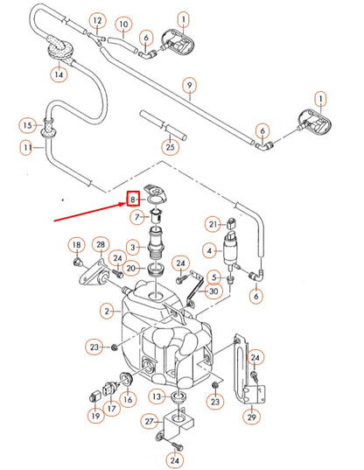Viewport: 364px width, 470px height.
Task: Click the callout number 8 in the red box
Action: coord(134,200)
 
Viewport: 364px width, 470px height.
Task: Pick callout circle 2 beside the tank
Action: coord(107,311)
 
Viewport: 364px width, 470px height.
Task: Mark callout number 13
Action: coord(154,396)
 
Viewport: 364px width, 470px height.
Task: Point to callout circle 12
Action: coord(97,19)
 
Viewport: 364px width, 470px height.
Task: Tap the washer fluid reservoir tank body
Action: coord(166,341)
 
